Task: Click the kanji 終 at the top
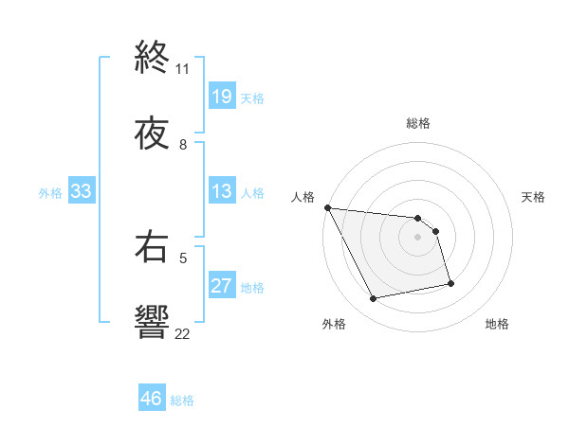click(x=152, y=61)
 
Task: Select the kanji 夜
click(x=152, y=134)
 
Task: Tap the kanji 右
click(x=152, y=248)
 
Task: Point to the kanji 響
click(x=152, y=322)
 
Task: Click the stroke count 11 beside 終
click(x=183, y=69)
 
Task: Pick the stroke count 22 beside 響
click(x=183, y=332)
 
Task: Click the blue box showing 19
click(x=221, y=97)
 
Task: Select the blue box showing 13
click(x=221, y=191)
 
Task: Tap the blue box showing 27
click(x=221, y=286)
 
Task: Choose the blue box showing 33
click(x=82, y=191)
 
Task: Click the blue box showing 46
click(x=152, y=399)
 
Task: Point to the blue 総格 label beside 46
click(x=182, y=400)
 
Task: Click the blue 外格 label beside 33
click(x=50, y=192)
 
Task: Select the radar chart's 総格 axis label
click(x=418, y=123)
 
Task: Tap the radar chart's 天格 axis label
click(x=534, y=197)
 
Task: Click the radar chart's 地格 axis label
click(x=497, y=324)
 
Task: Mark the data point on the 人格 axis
click(x=327, y=207)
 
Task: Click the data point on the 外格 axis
click(x=373, y=299)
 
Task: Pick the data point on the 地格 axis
click(x=450, y=283)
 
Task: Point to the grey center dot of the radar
click(x=418, y=237)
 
